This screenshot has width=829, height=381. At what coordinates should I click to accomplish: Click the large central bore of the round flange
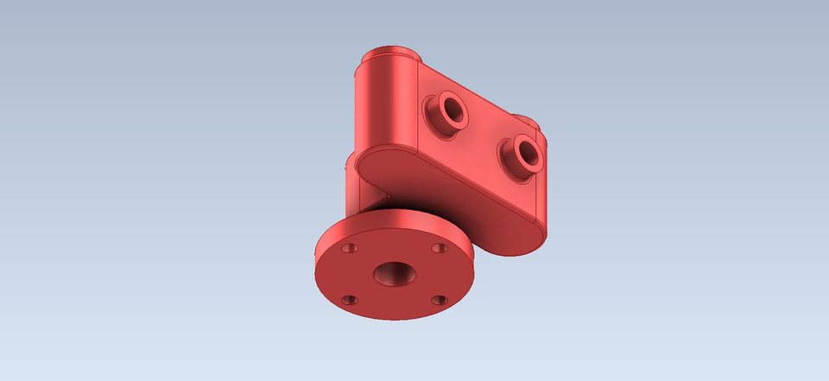[x=394, y=275]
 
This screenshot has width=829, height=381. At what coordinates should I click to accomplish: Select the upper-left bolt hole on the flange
[x=349, y=248]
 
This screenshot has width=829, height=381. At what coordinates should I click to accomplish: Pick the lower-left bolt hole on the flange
[x=349, y=301]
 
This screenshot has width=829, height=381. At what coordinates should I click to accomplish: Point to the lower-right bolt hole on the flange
[x=439, y=301]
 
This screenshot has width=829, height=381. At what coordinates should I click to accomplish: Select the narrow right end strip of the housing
[x=542, y=190]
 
